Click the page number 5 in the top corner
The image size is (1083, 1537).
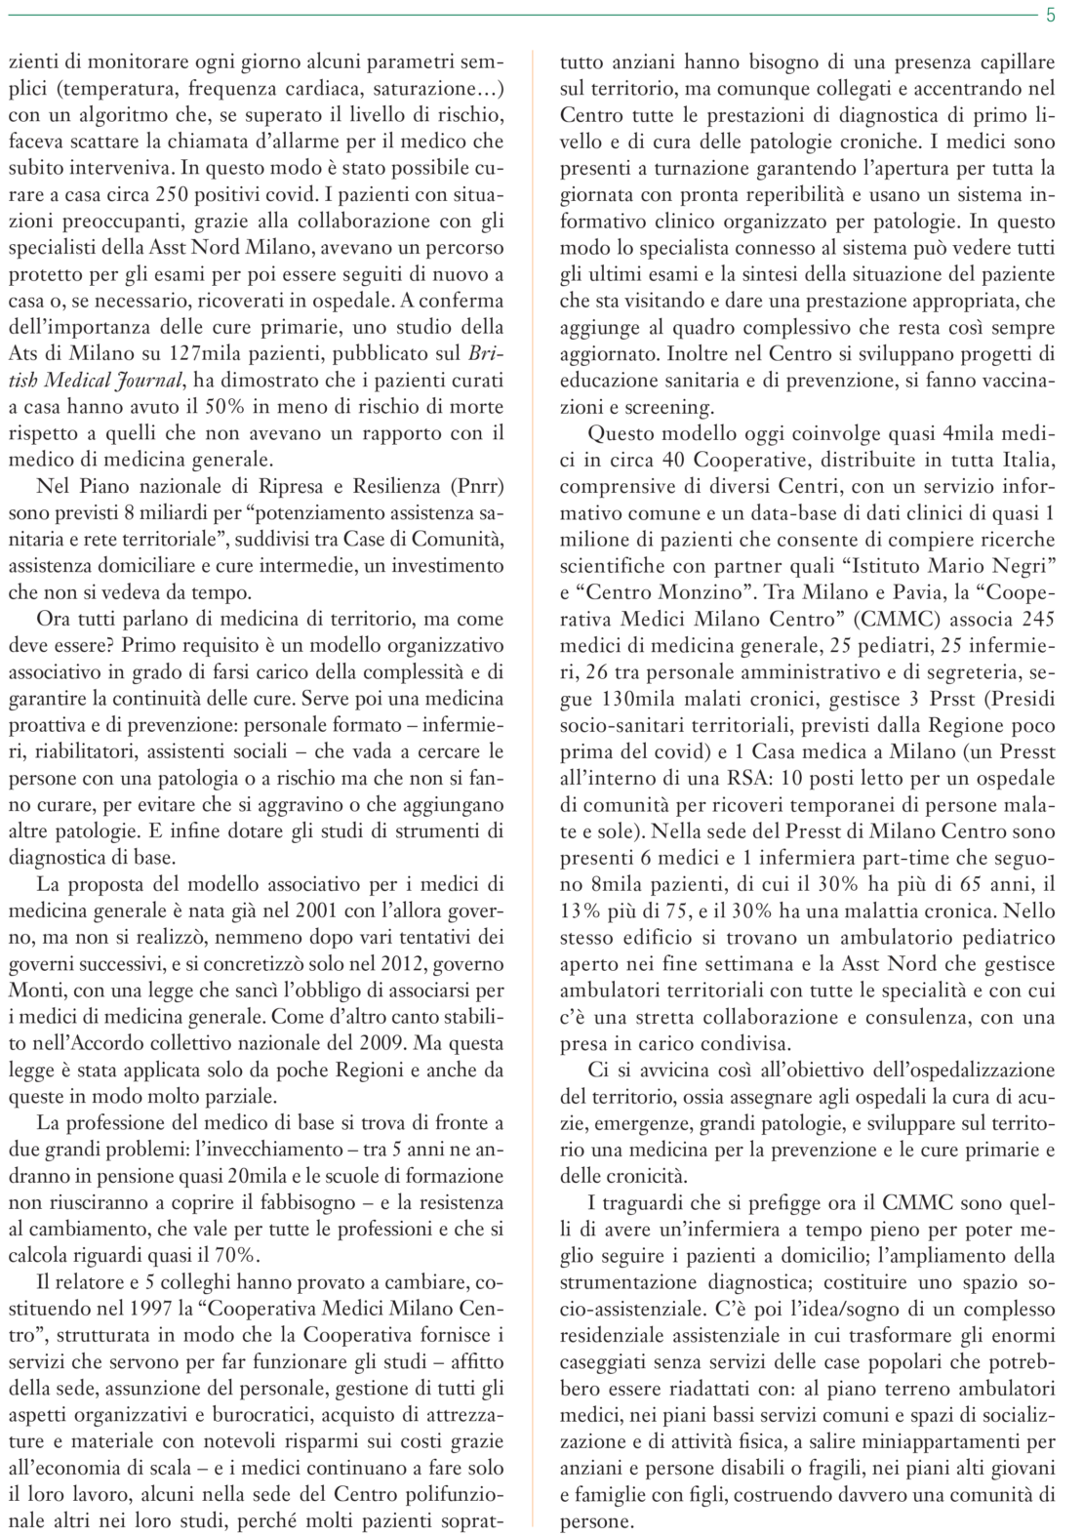point(1051,15)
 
